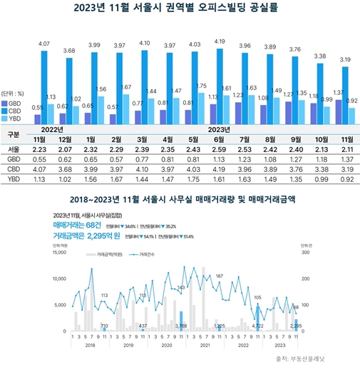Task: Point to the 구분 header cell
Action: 14,133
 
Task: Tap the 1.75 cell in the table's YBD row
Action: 194,181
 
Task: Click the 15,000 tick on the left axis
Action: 56,252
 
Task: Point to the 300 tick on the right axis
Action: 305,252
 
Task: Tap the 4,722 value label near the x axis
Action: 258,325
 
